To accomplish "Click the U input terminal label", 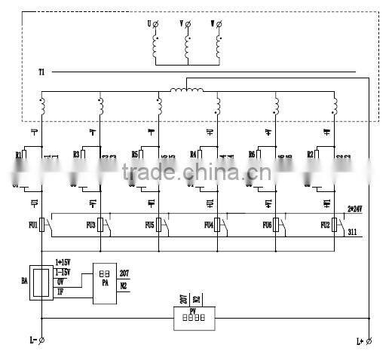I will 149,24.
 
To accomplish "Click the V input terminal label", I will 181,24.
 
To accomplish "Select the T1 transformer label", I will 41,72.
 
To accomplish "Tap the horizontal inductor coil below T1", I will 187,91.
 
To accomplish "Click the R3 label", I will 76,154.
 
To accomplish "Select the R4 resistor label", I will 194,154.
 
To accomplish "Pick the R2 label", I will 310,154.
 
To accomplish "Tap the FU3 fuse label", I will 90,224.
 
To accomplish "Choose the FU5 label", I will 149,224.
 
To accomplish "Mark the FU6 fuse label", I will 267,224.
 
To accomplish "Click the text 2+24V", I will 355,208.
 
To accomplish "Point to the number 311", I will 352,233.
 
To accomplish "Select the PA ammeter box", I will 105,282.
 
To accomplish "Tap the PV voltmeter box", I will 194,319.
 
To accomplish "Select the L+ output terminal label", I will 360,341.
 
